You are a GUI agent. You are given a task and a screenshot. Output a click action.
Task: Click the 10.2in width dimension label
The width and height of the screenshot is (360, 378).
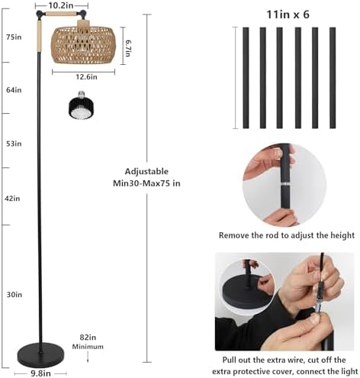61,5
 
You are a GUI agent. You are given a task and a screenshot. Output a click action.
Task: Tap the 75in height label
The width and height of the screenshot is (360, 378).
14,37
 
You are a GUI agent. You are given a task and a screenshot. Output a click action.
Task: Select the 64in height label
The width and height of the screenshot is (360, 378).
14,90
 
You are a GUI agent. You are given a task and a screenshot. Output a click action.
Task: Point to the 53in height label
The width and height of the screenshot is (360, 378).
14,144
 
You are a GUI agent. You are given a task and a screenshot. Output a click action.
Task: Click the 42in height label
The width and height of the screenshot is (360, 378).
12,199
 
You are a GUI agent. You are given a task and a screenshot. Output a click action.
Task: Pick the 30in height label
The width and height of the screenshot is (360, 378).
14,295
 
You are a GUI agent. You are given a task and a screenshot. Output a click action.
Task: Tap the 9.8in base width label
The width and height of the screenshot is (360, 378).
40,373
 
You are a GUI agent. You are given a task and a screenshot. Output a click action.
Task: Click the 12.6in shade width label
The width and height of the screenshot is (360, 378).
86,76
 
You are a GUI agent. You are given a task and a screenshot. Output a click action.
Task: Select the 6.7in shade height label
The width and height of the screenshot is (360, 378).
128,48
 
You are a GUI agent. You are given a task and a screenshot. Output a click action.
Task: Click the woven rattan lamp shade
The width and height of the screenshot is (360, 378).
83,44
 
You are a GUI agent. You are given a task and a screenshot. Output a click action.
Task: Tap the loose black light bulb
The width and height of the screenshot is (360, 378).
81,105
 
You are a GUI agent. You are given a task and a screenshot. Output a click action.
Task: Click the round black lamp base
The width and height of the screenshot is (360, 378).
40,355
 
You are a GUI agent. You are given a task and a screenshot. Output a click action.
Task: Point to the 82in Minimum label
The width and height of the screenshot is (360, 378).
88,341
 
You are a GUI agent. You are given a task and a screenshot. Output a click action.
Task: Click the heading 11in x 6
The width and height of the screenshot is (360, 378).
288,15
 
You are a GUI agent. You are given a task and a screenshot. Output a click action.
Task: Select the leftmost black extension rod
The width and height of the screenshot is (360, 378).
246,78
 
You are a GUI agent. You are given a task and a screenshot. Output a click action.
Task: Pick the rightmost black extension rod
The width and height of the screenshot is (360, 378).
333,78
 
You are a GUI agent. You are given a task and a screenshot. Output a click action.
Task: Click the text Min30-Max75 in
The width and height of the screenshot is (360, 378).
146,183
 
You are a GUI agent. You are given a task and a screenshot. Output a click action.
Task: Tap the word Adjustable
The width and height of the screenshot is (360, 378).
146,171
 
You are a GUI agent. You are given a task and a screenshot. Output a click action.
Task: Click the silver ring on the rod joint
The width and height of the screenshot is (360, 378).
285,184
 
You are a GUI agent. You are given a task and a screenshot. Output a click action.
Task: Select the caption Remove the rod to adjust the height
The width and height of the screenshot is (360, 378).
287,235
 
